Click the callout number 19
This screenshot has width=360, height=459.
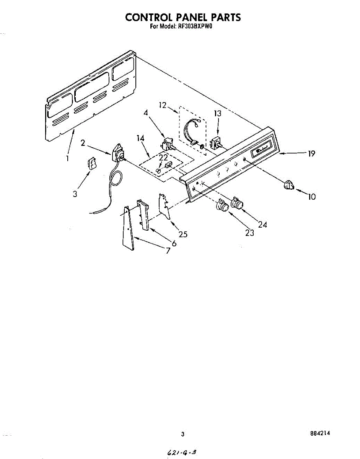[x=311, y=154]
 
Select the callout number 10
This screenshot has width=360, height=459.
[x=312, y=197]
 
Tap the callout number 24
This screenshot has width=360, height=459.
[x=262, y=225]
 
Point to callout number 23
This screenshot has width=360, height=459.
[x=249, y=233]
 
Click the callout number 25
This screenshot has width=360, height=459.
[x=183, y=234]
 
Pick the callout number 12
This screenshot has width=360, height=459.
[x=163, y=105]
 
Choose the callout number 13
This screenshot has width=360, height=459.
[x=218, y=113]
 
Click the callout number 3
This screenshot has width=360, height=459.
[x=75, y=194]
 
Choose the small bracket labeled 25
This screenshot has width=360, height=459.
[x=164, y=207]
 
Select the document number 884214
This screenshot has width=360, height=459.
[x=320, y=433]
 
